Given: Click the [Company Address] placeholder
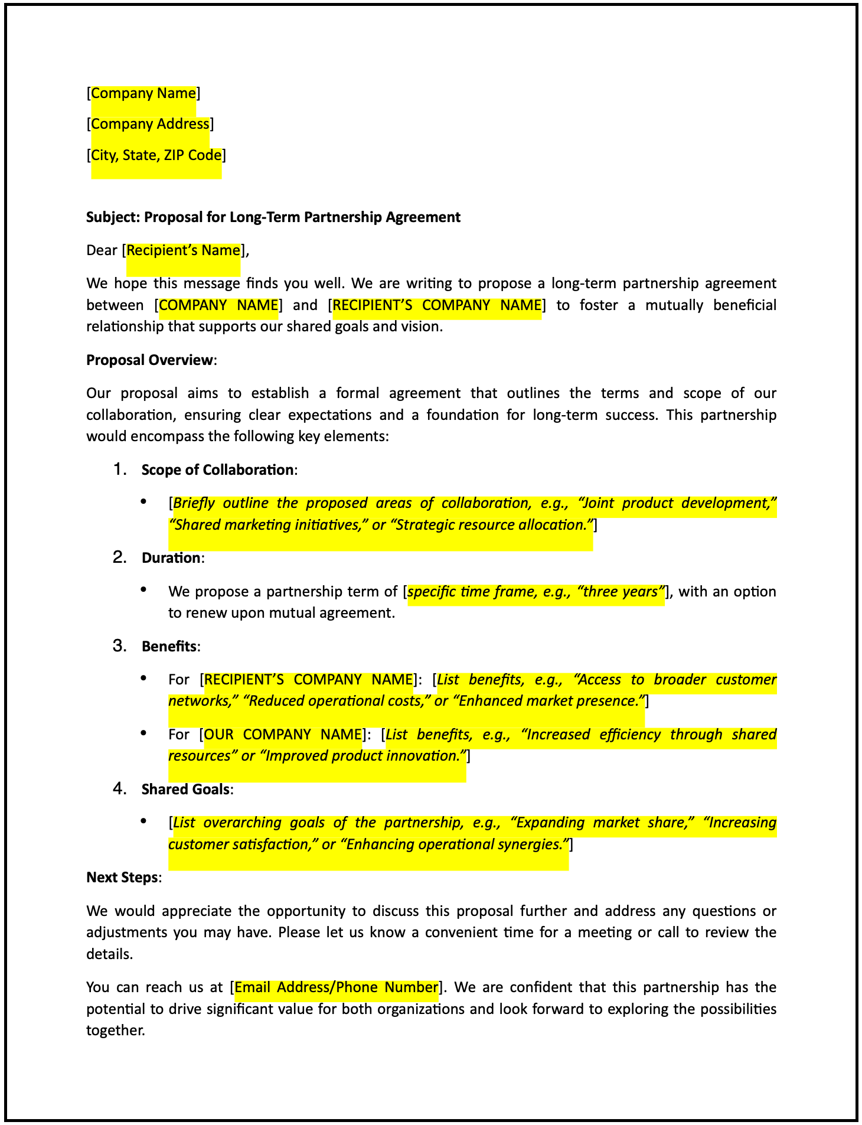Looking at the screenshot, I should coord(150,124).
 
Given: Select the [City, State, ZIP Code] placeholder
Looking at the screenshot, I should coord(156,155).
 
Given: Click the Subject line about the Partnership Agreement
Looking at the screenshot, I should coord(273,217).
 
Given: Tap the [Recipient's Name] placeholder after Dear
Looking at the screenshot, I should coord(183,250).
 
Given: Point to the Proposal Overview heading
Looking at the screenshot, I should coord(149,360).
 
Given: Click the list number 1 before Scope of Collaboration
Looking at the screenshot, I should coord(120,469).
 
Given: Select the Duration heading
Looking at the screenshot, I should coord(171,558).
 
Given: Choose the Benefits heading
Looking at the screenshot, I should coord(169,647).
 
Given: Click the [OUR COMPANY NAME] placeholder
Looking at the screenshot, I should coord(283,735).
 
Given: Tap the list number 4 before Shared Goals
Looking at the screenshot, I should coord(120,789).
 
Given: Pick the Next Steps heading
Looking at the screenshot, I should coord(122,878).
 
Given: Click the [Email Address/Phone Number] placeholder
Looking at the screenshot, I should coord(337,987).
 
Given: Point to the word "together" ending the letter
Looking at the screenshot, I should coord(115,1031).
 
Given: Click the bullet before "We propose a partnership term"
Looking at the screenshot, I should coord(143,590).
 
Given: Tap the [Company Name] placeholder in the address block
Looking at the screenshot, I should coord(143,93).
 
